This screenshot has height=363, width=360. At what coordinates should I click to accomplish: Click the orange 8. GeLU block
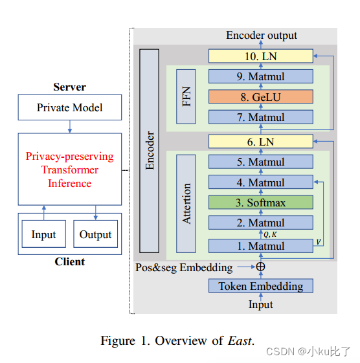260,97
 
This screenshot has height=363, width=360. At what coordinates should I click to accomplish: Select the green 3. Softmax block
260,203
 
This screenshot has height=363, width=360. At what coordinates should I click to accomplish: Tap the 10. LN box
260,56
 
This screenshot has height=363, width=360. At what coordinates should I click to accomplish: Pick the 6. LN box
260,141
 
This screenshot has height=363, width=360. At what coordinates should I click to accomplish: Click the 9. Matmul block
260,77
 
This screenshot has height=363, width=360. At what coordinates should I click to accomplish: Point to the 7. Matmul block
260,117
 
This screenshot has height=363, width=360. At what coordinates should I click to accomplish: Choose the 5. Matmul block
260,162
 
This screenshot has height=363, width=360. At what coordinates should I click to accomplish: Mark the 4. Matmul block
260,182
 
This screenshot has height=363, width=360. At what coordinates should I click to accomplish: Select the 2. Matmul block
260,223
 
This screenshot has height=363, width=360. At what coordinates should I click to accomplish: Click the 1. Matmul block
260,246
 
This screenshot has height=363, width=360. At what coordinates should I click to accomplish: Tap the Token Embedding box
260,285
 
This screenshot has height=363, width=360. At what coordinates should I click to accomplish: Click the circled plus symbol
260,266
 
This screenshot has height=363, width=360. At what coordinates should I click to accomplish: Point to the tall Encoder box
150,151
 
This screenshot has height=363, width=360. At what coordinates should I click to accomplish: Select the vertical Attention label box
186,203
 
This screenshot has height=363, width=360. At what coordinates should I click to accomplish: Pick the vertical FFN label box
186,97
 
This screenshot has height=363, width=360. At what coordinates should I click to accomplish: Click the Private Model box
69,108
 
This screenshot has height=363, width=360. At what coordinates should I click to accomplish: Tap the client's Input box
44,234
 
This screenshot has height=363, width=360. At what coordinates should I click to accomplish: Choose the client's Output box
96,234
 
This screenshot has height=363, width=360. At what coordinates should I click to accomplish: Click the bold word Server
69,87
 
